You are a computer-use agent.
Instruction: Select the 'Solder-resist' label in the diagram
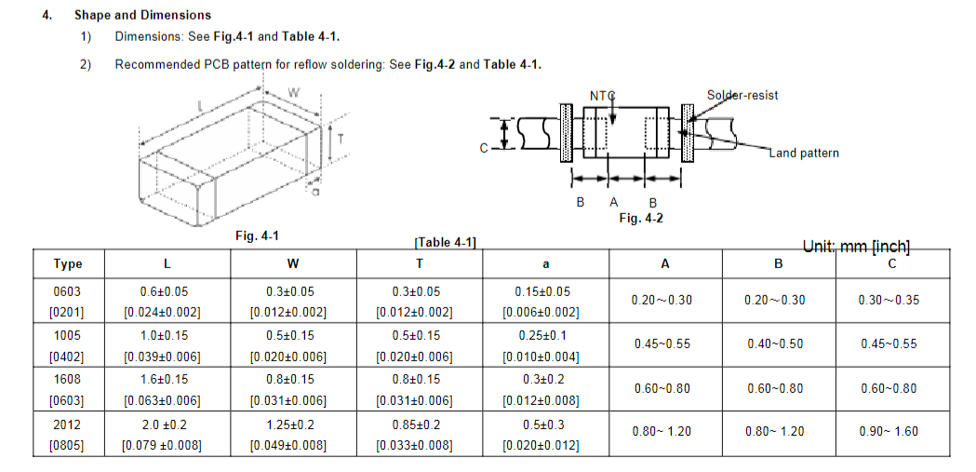pos(742,95)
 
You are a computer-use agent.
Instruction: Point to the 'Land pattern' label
pos(804,153)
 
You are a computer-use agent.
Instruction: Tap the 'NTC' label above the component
pos(603,96)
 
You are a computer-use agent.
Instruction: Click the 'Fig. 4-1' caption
pos(258,236)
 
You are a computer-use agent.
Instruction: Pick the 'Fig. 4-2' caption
pos(641,218)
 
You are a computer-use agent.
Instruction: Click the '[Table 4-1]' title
pos(445,242)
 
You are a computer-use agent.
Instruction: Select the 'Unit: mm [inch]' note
pos(856,247)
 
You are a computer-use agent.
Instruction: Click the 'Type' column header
pos(68,263)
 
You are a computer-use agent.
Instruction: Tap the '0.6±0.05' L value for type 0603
pos(164,291)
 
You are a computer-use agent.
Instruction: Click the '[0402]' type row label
pos(68,357)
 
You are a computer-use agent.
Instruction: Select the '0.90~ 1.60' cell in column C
pos(891,431)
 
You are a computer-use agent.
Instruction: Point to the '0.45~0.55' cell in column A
pos(662,344)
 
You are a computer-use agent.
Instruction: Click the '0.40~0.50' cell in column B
pos(775,344)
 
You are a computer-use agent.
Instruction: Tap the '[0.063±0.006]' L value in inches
pos(164,400)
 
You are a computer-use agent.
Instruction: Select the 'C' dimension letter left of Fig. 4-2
pos(484,147)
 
